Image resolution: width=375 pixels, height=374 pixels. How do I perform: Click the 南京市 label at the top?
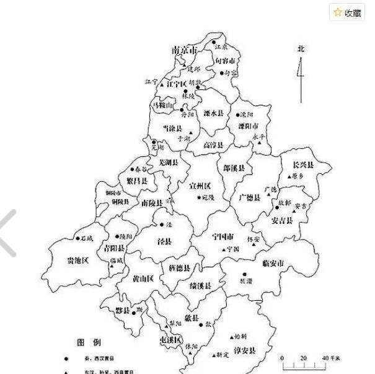[184, 49]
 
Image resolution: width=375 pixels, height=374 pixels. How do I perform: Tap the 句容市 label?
[226, 61]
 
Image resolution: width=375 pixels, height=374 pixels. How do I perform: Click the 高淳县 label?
[214, 145]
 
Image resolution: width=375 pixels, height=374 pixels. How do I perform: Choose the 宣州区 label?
[201, 186]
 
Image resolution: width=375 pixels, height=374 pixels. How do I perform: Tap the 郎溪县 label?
[234, 168]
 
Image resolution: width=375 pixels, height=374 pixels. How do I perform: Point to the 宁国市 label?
[222, 237]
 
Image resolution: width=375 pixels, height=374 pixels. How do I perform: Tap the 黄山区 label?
[143, 278]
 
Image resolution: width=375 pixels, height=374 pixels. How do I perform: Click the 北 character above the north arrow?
[301, 49]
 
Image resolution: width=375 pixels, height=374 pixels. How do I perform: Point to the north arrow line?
[301, 81]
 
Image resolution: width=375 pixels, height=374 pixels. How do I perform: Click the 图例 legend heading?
[89, 342]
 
